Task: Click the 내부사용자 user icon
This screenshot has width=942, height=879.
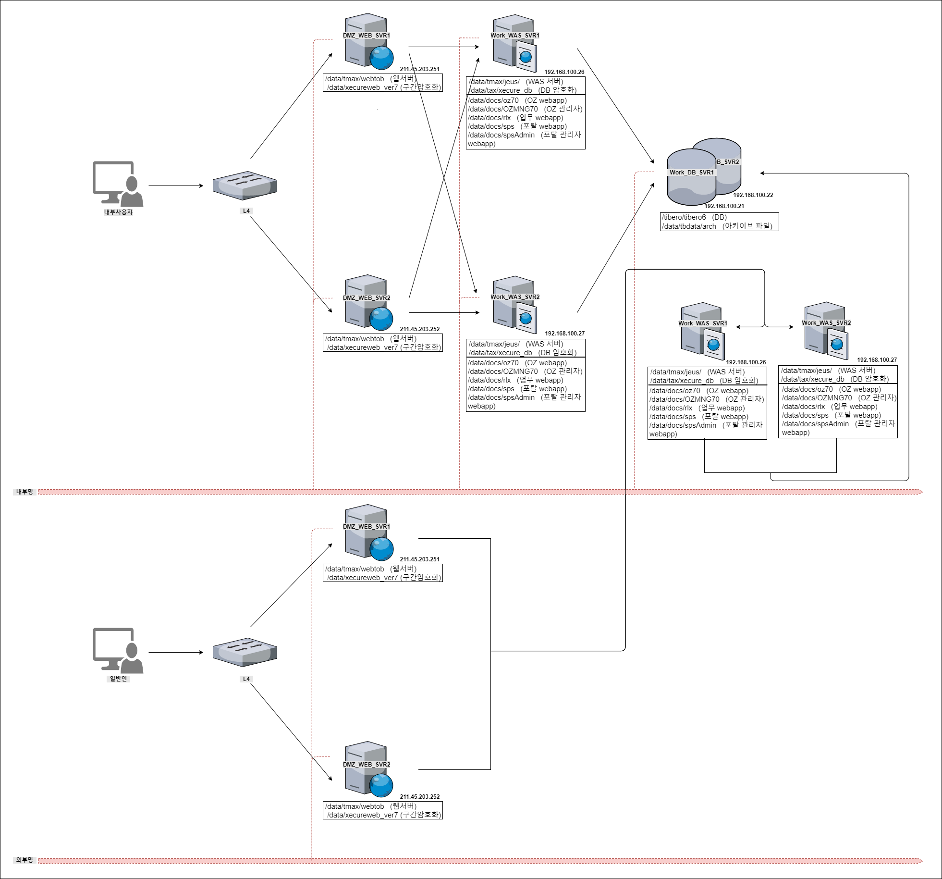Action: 118,184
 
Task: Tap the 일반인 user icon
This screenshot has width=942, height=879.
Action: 118,650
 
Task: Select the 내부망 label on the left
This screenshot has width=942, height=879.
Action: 24,492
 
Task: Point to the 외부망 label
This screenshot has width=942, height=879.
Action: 24,860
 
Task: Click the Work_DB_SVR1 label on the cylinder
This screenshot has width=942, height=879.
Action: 692,173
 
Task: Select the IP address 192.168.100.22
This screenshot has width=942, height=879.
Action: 753,195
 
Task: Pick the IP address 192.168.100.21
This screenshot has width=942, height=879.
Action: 724,206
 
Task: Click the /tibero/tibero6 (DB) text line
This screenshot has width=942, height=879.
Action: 695,217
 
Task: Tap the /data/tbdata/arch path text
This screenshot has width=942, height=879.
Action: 689,226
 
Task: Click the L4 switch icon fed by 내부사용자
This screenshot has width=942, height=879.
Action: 245,186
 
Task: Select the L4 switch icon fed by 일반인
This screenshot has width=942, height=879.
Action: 245,652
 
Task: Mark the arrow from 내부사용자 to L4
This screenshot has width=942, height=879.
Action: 176,186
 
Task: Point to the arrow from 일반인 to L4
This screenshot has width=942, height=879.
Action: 176,652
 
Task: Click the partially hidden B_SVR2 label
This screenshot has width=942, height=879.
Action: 728,162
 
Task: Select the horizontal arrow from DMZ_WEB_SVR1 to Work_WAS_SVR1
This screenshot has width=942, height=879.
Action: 444,47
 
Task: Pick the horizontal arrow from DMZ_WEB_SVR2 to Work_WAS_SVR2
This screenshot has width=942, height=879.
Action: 444,312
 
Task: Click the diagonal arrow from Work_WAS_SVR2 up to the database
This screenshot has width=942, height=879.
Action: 616,248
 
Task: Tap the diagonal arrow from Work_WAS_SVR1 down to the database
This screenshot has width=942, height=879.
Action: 616,106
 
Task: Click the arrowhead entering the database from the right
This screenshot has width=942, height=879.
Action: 763,173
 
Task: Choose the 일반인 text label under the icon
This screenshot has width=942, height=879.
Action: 118,679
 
